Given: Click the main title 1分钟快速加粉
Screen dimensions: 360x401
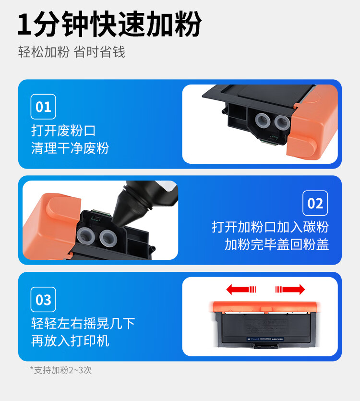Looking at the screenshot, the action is pos(109,24).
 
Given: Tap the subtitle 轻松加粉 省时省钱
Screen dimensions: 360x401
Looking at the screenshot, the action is pos(72,52).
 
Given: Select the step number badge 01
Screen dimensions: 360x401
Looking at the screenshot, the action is pos(43,107).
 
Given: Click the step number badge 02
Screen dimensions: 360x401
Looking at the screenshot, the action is pos(315,203).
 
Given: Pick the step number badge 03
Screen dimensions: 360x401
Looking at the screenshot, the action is pos(43,300).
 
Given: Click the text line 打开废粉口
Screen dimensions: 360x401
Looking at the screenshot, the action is pos(63,131).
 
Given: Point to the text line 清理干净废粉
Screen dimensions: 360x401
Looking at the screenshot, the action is pos(70,148).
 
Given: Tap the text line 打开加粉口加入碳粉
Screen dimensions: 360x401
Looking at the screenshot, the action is pos(270,227).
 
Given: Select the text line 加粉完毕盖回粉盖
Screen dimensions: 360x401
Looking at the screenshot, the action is pos(276,244).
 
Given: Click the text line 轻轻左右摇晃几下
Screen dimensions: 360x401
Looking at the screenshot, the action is pos(83,324).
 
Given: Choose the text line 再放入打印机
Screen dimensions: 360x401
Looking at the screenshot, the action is pos(70,341).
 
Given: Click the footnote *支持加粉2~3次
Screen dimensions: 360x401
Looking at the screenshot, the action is pos(61,370).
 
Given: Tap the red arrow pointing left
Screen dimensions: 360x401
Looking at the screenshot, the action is pos(241,289).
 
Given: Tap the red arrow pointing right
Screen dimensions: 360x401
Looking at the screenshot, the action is pos(290,289).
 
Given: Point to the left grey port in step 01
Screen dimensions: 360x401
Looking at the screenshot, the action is pos(263,120).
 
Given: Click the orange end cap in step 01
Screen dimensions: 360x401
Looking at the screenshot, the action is pos(312,123).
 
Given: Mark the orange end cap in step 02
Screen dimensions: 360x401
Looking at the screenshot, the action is pos(51,226).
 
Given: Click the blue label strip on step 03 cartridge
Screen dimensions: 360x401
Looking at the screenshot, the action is pos(265,339).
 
